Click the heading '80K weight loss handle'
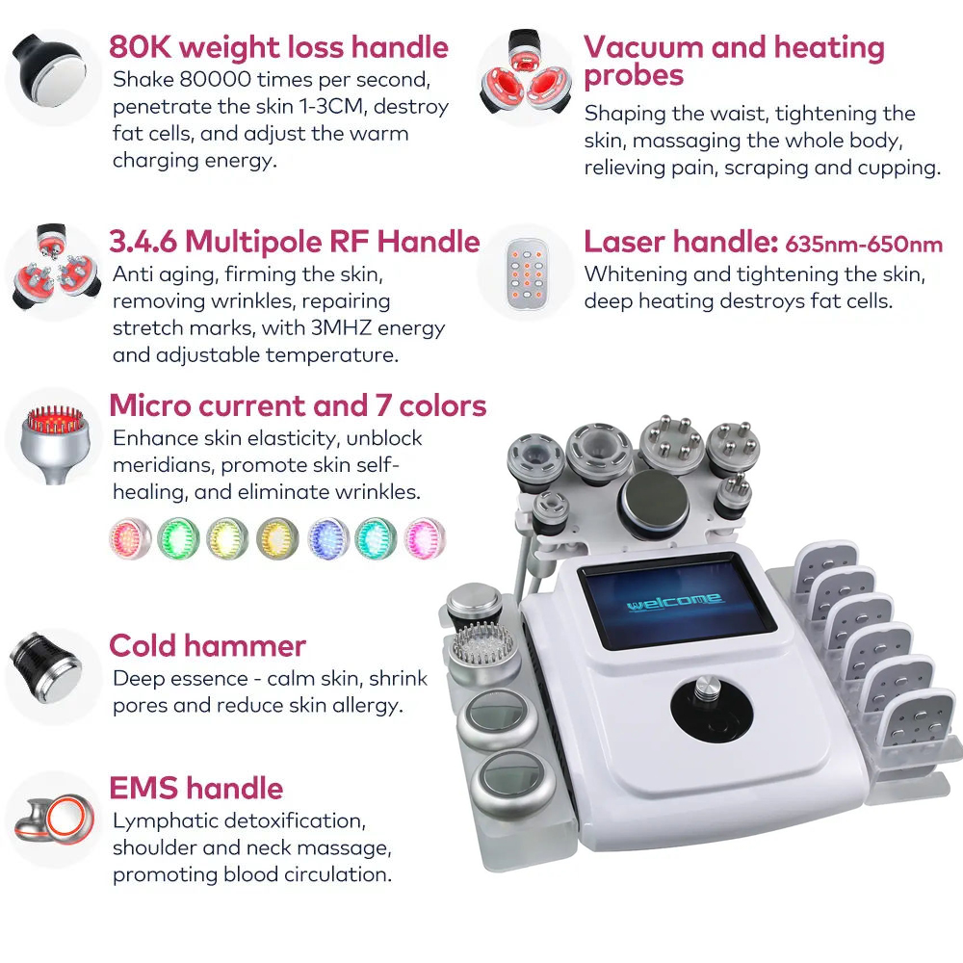click(x=279, y=47)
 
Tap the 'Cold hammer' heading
click(x=208, y=645)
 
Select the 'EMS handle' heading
click(x=195, y=788)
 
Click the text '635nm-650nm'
click(x=864, y=245)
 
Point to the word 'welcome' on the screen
click(x=675, y=602)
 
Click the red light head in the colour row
click(x=130, y=538)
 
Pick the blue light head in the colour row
click(x=328, y=538)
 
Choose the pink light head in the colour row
click(x=425, y=538)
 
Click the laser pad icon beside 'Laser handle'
click(x=527, y=273)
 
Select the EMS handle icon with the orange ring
click(x=55, y=820)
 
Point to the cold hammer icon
click(x=46, y=667)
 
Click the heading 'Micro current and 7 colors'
click(x=298, y=406)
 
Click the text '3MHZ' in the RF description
click(x=341, y=328)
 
